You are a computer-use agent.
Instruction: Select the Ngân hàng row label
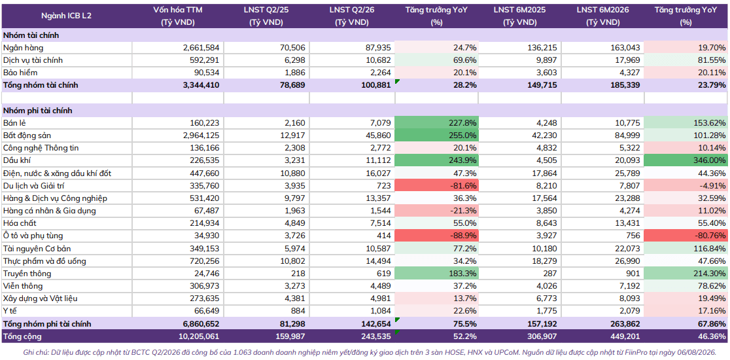point(24,48)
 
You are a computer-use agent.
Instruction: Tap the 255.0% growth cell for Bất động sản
point(436,135)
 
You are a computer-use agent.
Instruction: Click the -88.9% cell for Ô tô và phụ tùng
point(436,236)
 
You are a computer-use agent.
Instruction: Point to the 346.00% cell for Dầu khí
point(686,160)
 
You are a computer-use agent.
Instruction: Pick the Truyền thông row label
point(27,274)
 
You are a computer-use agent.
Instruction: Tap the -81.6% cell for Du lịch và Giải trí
point(436,186)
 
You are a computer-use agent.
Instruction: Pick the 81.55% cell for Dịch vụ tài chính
point(686,60)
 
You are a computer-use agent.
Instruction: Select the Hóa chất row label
point(20,224)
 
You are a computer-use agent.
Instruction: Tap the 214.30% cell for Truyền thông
point(686,274)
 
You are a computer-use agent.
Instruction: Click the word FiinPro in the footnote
point(631,352)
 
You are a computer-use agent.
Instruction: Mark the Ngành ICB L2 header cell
point(67,15)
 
